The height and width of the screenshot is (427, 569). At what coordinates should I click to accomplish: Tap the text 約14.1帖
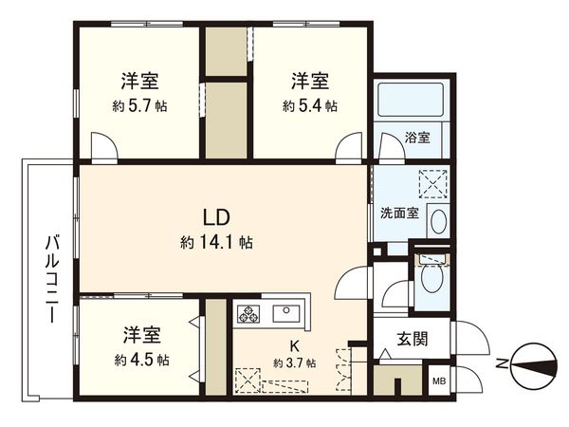click(216, 242)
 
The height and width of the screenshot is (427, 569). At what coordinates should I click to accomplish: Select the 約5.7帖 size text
click(139, 106)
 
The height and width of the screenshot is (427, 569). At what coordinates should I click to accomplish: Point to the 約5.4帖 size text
click(309, 106)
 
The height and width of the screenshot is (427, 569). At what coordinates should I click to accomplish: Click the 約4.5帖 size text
click(140, 361)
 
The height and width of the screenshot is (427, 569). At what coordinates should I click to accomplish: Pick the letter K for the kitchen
click(294, 345)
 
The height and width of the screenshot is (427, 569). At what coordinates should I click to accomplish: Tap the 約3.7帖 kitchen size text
click(295, 363)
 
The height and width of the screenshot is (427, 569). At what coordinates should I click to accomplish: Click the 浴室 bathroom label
click(417, 139)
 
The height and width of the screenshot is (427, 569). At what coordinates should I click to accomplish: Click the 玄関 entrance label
click(410, 340)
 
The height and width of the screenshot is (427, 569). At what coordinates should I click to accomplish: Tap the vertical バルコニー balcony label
click(52, 276)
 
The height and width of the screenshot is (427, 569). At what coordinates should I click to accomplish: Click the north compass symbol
click(527, 363)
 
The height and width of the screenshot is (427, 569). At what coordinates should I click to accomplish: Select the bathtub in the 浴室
click(410, 101)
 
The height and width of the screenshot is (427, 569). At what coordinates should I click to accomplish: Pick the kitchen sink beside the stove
click(285, 313)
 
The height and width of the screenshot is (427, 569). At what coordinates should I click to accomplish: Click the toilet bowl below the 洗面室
click(431, 279)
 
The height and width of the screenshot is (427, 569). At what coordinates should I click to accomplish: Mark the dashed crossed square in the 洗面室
click(433, 180)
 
